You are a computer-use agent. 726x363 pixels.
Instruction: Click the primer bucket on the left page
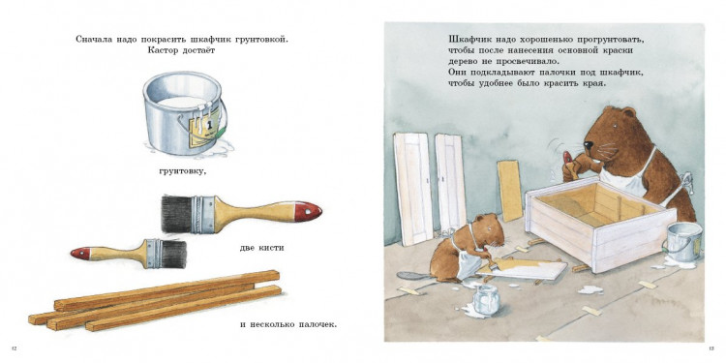coord(180,111)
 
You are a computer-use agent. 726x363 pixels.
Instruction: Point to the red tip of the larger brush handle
coord(308,208)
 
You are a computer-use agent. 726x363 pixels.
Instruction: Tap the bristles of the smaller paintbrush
coord(172,253)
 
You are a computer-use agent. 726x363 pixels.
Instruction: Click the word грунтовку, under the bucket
coord(182,171)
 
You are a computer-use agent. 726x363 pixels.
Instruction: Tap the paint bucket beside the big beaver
coord(682,241)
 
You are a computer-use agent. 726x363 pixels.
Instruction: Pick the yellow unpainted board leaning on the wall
coord(510,190)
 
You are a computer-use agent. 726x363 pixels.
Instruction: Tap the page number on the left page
coord(13,348)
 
